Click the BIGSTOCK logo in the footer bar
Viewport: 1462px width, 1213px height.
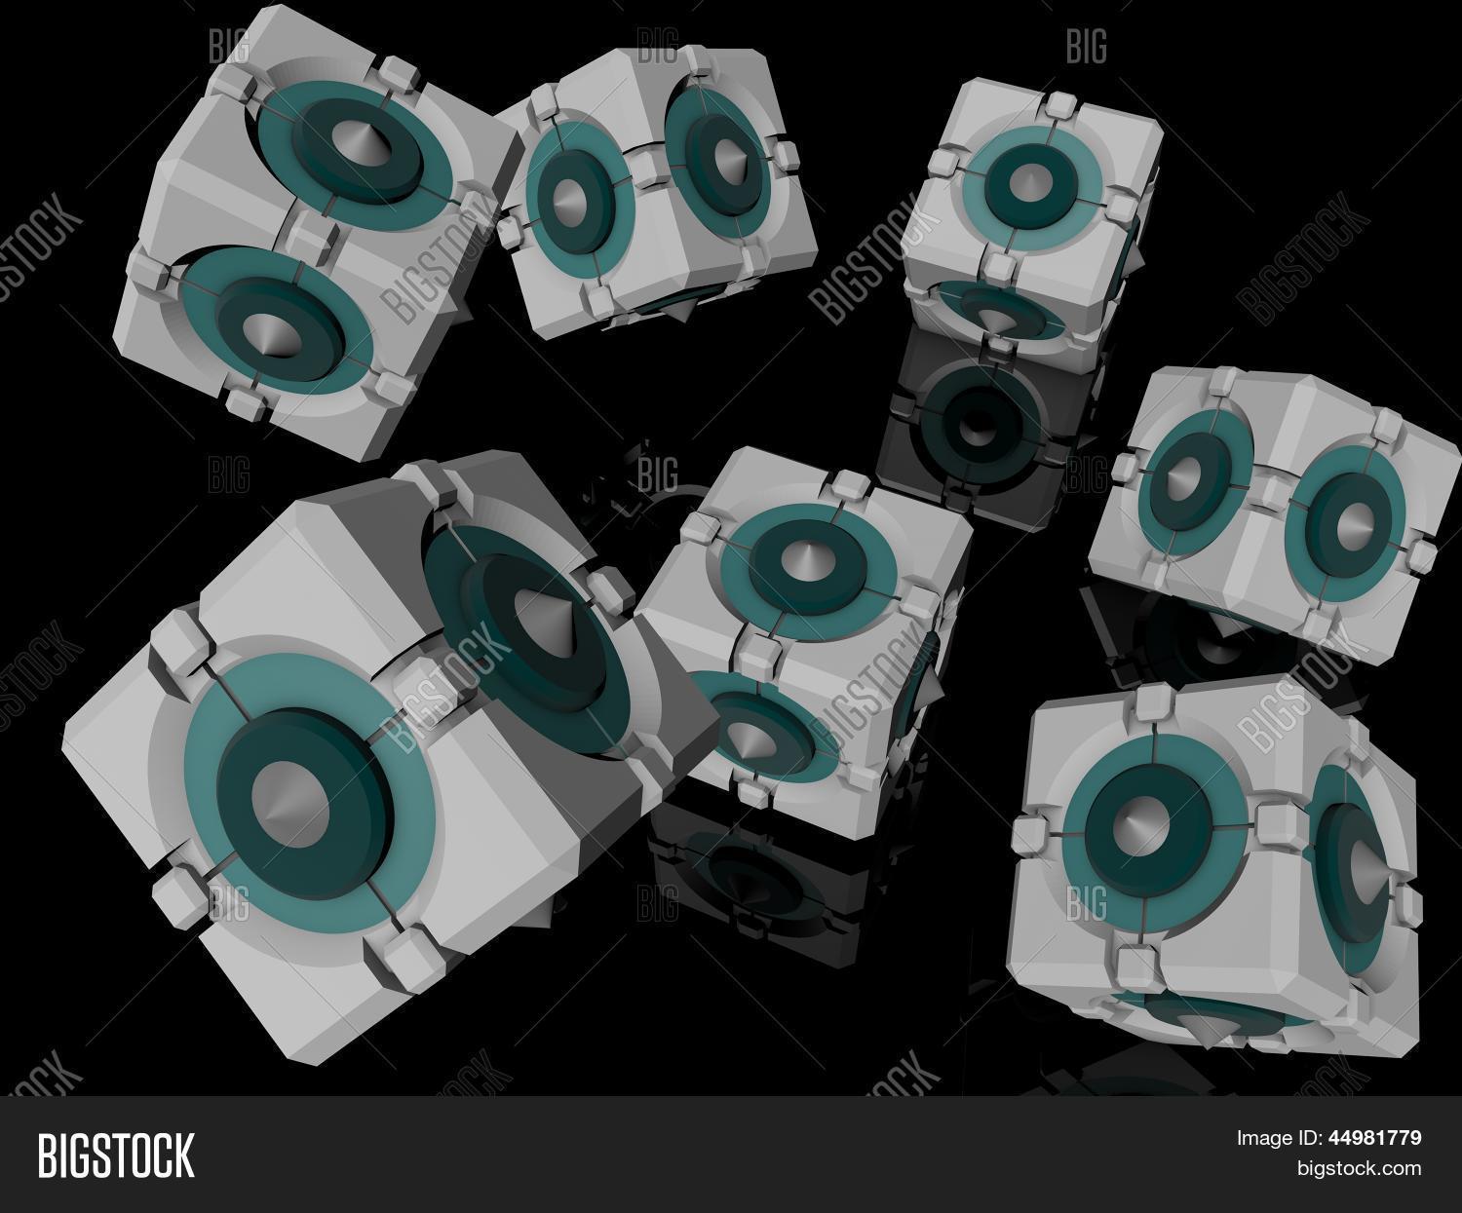coord(116,1156)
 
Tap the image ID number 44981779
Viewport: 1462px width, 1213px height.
coord(1374,1138)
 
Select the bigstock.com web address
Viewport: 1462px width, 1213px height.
coord(1359,1168)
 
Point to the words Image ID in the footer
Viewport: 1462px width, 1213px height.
coord(1279,1139)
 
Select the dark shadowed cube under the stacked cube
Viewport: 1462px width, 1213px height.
coord(987,427)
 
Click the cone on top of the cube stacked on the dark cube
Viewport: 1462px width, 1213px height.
coord(1029,179)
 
